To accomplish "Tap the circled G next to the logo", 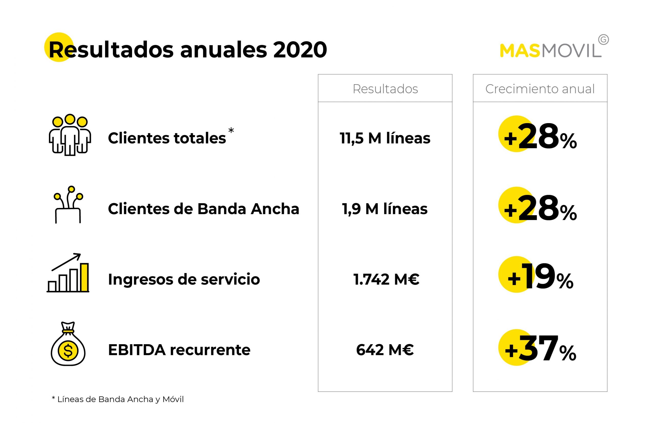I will click(x=603, y=40).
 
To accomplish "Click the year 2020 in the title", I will click(x=300, y=50).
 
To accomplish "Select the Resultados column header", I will click(x=385, y=89).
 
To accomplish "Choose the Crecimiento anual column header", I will click(x=540, y=89).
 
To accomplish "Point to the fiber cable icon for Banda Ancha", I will click(x=68, y=205).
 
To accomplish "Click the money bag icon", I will click(x=68, y=344).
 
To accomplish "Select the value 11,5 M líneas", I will click(x=385, y=138).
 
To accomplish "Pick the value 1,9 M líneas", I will click(x=385, y=209).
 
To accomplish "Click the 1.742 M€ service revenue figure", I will click(x=386, y=279).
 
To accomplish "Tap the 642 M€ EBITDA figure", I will click(x=385, y=350).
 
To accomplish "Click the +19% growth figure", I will click(x=540, y=277).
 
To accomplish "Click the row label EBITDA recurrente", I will click(x=179, y=350).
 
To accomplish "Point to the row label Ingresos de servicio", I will click(x=184, y=279).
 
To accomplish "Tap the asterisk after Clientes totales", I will click(x=231, y=130).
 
